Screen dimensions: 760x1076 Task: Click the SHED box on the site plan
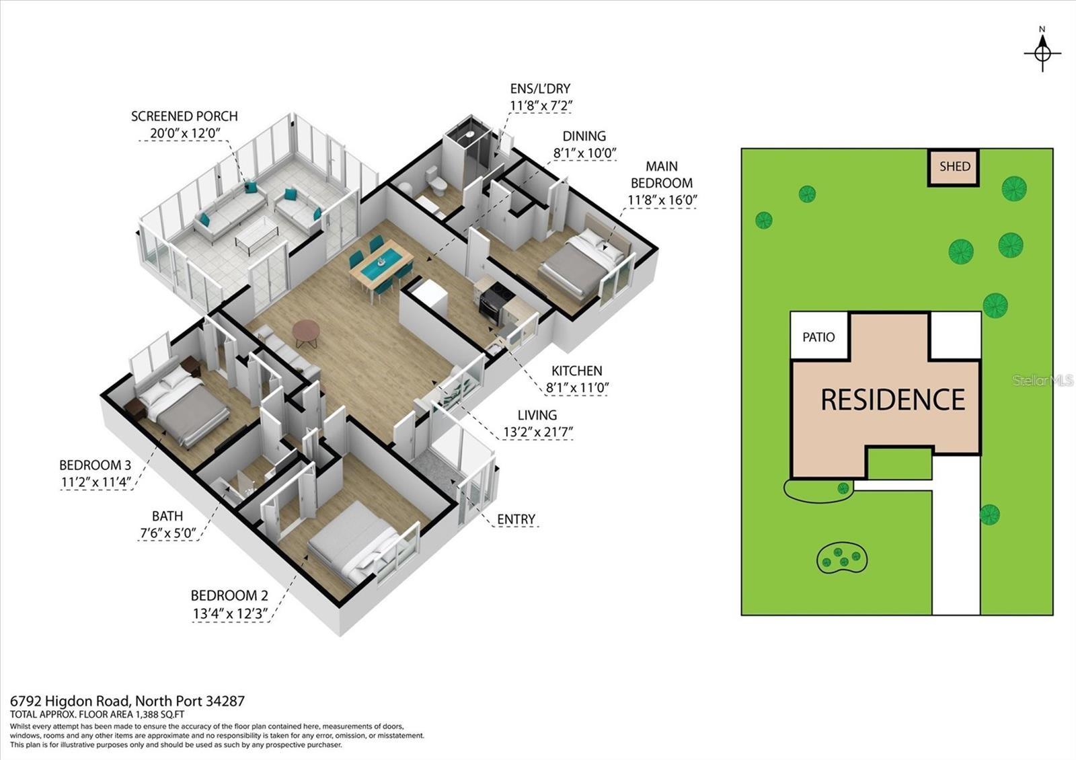954,167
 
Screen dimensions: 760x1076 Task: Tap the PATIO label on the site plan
818,337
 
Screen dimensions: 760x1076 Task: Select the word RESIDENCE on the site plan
892,400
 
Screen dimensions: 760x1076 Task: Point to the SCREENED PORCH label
184,116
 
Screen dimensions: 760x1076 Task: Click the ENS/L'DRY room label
540,89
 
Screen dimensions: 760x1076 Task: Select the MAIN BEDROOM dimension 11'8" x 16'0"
662,200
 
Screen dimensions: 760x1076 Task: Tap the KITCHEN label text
576,371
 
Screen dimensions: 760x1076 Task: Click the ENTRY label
516,519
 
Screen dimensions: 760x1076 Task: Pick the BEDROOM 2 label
229,595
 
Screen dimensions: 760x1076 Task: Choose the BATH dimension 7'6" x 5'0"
167,533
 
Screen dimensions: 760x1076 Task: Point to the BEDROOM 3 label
95,465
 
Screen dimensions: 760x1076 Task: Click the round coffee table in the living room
307,330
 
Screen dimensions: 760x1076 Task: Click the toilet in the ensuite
437,182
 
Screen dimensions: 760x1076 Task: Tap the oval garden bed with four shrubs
842,558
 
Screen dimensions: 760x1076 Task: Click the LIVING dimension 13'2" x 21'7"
537,432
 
